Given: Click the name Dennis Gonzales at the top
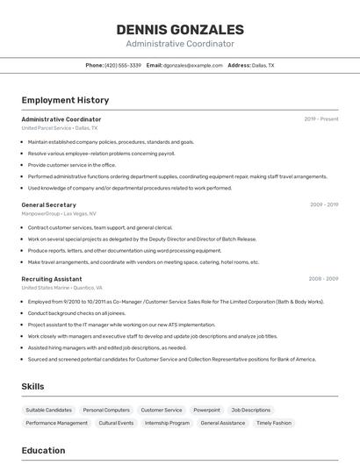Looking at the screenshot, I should pos(180,30).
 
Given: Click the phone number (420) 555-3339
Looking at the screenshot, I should pos(123,65).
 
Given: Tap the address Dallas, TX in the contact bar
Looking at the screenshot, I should pos(263,65).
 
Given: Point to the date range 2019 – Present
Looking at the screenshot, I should pos(320,119).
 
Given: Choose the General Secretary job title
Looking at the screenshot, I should pos(48,204).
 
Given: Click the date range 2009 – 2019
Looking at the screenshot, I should pos(323,204).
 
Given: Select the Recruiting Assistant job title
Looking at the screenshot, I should pos(52,279).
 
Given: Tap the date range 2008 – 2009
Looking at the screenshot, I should pos(323,279).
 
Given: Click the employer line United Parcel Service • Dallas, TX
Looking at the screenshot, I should pos(60,128).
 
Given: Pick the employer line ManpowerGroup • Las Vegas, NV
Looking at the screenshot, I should pos(59,213).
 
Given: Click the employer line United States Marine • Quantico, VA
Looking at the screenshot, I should pos(61,288).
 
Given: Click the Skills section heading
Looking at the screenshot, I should pos(32,386).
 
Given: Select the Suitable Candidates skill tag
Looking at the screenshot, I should pos(49,410).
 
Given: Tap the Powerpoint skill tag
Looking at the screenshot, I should pos(206,410).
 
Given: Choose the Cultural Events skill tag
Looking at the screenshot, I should pos(116,423).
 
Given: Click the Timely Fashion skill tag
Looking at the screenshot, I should pos(273,423).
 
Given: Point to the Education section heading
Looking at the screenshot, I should pos(43,450).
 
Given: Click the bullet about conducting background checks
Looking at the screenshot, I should pos(76,313).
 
